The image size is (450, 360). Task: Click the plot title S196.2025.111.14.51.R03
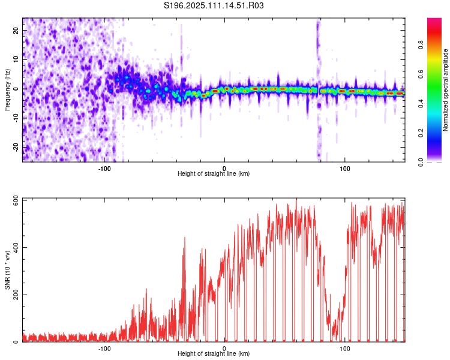pos(214,5)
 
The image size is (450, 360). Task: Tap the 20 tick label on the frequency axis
pos(16,31)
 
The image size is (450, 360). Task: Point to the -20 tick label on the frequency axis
pos(16,148)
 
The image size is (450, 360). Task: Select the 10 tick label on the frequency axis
pos(16,59)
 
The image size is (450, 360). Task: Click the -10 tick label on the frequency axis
pos(16,118)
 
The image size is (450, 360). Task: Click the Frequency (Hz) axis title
pos(7,90)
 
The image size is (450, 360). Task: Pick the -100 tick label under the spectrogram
pos(104,169)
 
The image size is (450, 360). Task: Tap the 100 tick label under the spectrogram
pos(344,169)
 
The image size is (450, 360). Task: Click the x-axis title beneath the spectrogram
pos(214,173)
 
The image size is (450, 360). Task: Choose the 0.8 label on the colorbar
pos(421,45)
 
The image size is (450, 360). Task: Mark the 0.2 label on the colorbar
pos(421,133)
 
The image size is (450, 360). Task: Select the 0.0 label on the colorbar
pos(421,162)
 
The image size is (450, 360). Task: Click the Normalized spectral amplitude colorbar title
pos(445,90)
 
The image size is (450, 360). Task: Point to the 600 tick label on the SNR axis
pos(16,200)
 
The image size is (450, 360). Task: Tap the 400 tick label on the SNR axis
pos(16,247)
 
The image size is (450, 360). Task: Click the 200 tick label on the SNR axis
pos(16,295)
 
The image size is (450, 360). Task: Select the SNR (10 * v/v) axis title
pos(7,270)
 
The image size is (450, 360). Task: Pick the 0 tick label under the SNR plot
pos(224,349)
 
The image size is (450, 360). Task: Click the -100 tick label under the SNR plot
pos(104,349)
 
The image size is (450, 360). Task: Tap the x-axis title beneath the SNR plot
pos(214,353)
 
